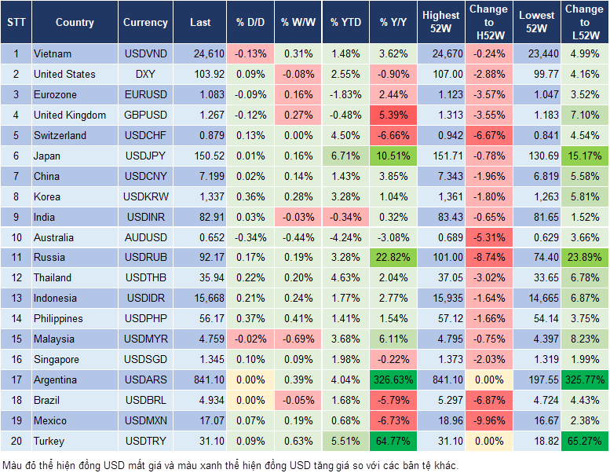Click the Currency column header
point(145,23)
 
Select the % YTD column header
point(345,23)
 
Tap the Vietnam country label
point(53,53)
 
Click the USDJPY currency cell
point(145,156)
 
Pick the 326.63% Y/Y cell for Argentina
point(394,379)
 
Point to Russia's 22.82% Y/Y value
point(394,257)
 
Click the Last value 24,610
point(200,53)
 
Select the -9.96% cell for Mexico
point(488,420)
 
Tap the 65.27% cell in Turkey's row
point(585,441)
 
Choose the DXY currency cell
point(145,74)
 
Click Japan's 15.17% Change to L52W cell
point(585,156)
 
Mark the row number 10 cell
point(16,237)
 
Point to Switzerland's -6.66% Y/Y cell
point(394,135)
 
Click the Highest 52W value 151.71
point(441,156)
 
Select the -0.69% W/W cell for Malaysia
point(298,339)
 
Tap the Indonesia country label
point(56,298)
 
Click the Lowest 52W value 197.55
point(535,379)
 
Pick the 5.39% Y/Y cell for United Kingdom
point(394,115)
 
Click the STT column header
point(16,23)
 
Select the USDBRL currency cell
point(145,400)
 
